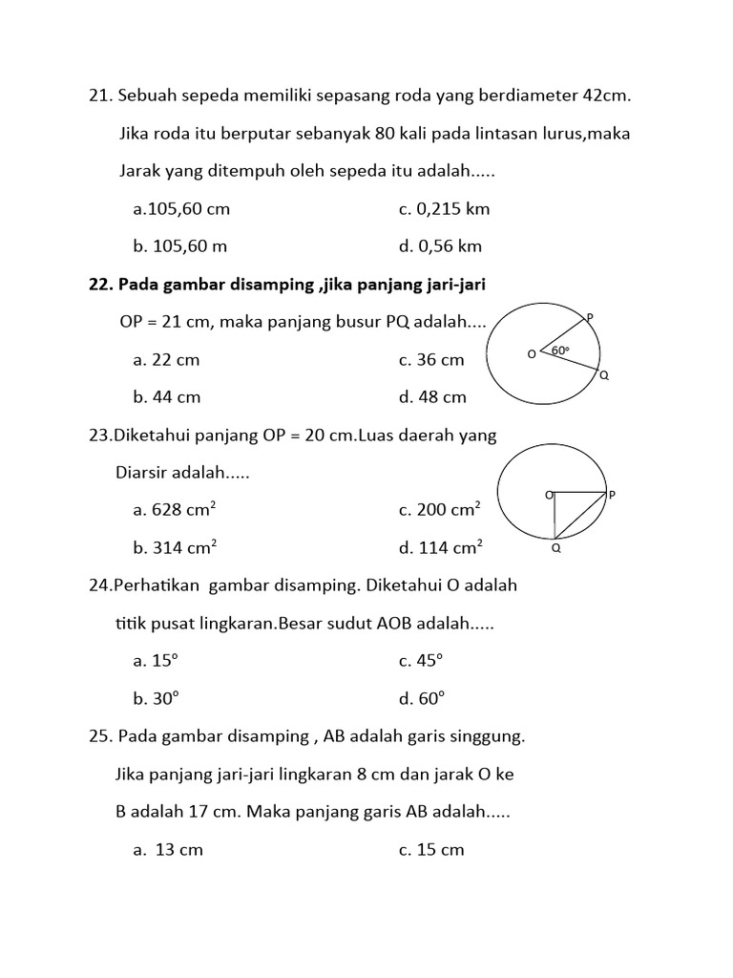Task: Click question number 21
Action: point(98,96)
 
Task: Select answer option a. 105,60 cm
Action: point(181,209)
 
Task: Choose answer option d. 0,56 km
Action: point(440,246)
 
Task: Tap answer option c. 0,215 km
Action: point(444,209)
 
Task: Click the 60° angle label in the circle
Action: point(560,351)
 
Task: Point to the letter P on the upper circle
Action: point(590,316)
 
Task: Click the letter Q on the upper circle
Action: point(603,376)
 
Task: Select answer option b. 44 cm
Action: point(167,397)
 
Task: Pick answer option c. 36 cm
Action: point(431,360)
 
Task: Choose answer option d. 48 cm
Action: point(432,397)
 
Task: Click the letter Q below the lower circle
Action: point(555,549)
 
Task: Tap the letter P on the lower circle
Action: point(612,495)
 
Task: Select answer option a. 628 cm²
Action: point(176,510)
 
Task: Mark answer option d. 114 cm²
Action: point(441,547)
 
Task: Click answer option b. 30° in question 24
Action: point(157,699)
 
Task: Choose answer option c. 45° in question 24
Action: point(421,661)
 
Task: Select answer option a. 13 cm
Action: point(168,850)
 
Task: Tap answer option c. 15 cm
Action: point(431,850)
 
